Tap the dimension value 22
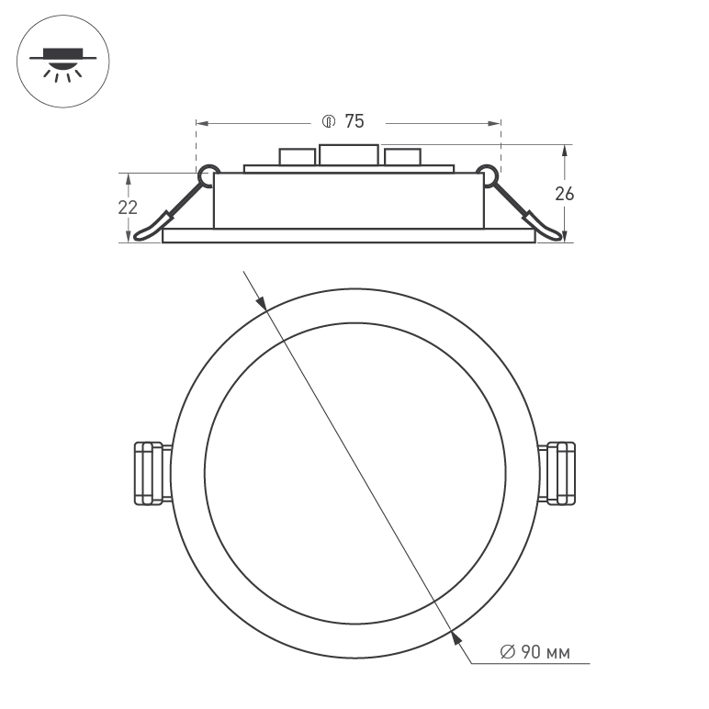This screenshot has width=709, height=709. (128, 207)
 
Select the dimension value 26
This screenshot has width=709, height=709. (565, 193)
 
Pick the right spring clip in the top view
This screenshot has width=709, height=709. (561, 473)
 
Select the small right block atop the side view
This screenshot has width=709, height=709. (403, 157)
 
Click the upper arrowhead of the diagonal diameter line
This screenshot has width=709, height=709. (262, 302)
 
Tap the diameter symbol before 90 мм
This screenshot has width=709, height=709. (507, 653)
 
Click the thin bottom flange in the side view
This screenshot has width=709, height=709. (348, 236)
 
